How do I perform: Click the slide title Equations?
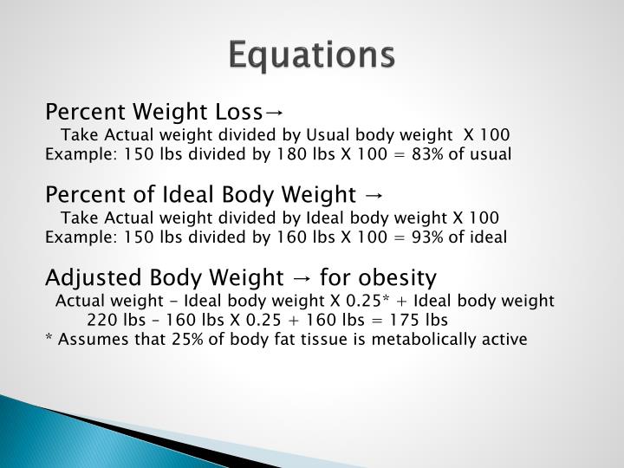click(312, 55)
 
